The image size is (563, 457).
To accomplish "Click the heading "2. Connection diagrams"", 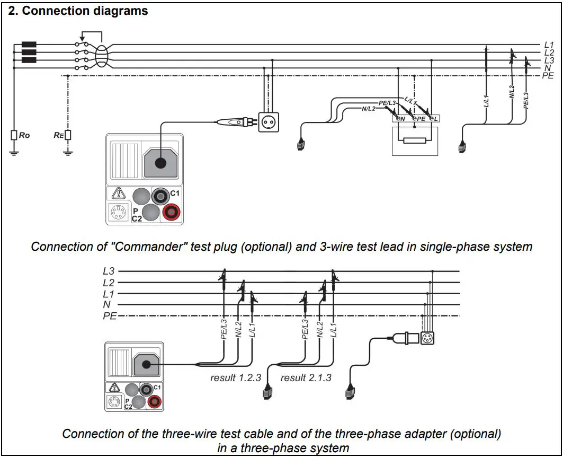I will point(78,11).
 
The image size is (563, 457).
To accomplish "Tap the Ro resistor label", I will point(24,135).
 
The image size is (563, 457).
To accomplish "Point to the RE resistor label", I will point(58,135).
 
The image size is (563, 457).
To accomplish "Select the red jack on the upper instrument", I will point(171,213).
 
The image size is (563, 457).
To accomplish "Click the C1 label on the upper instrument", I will point(175,194).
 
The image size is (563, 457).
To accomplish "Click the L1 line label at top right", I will point(549,45).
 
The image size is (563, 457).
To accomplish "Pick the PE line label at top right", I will point(548,76).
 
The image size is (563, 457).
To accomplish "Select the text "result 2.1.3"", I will point(306,377).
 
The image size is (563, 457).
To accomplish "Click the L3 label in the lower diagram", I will point(109,271).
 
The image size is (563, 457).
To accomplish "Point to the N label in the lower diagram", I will point(106,305).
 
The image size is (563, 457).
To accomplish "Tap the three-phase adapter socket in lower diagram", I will point(427,338).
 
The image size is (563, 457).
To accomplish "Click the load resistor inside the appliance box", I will point(415,140).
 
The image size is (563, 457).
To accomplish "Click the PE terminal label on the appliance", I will point(421,119).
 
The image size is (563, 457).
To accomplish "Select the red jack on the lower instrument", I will point(155,401).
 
